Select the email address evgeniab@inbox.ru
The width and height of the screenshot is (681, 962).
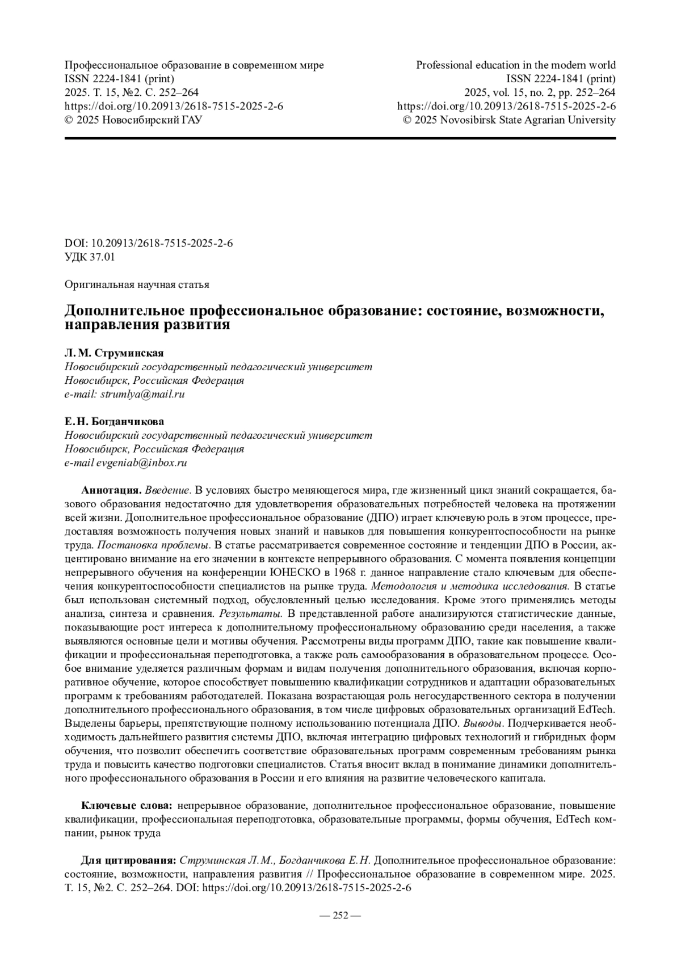141,463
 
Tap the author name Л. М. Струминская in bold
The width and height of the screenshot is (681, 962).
114,353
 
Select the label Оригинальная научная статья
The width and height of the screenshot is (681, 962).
137,284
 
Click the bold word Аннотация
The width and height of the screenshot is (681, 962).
111,490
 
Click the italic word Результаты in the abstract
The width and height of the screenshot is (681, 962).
250,613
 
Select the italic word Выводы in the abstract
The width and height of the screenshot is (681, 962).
483,723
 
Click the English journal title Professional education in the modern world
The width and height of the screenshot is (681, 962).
516,65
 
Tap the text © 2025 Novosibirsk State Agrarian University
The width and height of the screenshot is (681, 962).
509,120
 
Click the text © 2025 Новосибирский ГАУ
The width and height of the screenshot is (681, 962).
133,120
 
